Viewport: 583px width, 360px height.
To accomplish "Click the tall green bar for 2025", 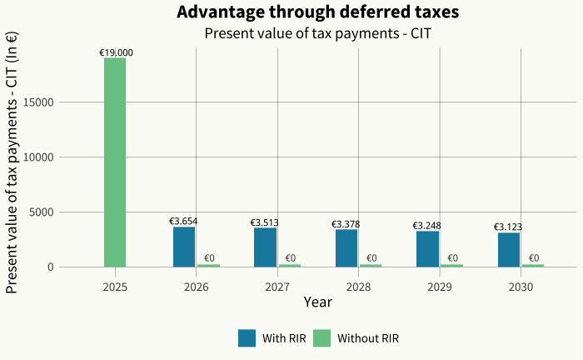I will pyautogui.click(x=115, y=162).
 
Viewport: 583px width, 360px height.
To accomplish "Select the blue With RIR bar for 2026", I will pyautogui.click(x=184, y=247).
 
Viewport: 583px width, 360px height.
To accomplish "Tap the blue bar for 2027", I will pyautogui.click(x=265, y=247).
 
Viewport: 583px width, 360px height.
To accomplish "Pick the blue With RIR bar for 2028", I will pyautogui.click(x=346, y=248).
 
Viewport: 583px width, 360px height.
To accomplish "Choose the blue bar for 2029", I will pyautogui.click(x=427, y=249).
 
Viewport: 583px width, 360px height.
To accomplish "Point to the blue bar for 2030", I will pyautogui.click(x=509, y=250).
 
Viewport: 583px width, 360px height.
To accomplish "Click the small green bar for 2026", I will pyautogui.click(x=208, y=265).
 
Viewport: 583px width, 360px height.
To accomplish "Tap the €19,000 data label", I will pyautogui.click(x=116, y=52).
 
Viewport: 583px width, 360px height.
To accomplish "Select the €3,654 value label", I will pyautogui.click(x=183, y=222).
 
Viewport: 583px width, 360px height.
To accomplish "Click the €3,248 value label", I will pyautogui.click(x=427, y=226).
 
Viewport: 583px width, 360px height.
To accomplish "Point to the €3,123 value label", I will pyautogui.click(x=508, y=227).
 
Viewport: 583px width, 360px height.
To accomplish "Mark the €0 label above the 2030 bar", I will pyautogui.click(x=534, y=258).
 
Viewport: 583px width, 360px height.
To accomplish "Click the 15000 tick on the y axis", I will pyautogui.click(x=63, y=102).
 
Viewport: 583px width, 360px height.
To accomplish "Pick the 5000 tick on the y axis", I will pyautogui.click(x=67, y=212).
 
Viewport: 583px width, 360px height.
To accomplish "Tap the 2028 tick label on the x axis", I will pyautogui.click(x=359, y=286).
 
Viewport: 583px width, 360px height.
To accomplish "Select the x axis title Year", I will pyautogui.click(x=318, y=302).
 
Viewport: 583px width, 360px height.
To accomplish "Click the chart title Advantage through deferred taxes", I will pyautogui.click(x=318, y=12).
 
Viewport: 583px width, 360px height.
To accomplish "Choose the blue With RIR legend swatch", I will pyautogui.click(x=247, y=338).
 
